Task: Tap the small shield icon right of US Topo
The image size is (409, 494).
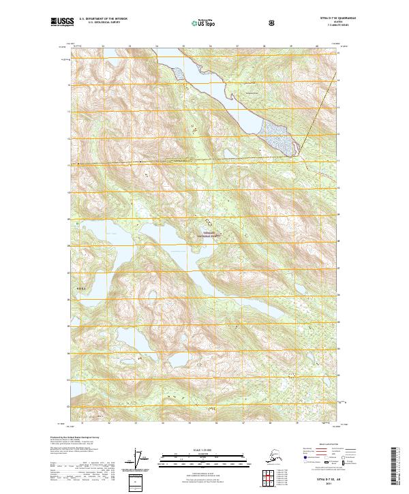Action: click(x=272, y=22)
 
